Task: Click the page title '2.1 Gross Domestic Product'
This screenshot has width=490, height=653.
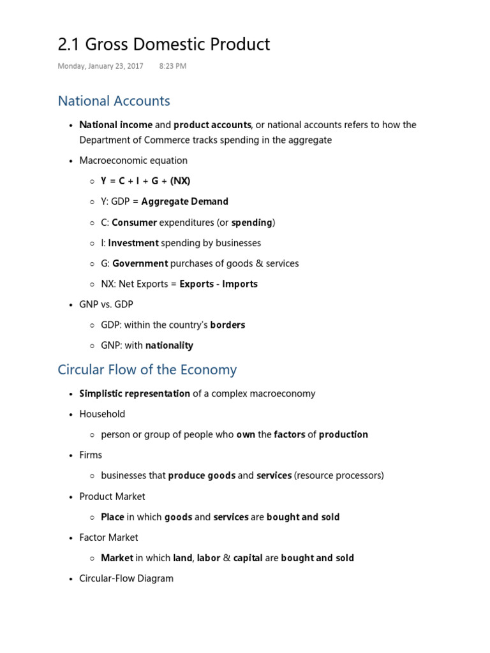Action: (163, 44)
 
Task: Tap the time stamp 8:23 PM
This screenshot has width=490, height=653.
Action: (172, 66)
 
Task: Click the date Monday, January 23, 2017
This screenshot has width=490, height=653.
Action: (100, 66)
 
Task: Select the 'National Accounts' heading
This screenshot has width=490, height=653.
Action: (114, 101)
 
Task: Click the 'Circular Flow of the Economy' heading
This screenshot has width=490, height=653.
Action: (147, 370)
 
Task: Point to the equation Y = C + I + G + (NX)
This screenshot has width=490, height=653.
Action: (145, 181)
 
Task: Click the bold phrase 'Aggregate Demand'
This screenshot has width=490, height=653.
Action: (184, 202)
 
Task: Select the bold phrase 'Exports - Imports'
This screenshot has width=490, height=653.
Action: (219, 284)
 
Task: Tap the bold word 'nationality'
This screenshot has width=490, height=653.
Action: (169, 346)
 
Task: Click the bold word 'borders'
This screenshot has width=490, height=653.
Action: (228, 325)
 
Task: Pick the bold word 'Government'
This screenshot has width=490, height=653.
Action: (140, 263)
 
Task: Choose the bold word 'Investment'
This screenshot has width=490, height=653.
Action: (133, 243)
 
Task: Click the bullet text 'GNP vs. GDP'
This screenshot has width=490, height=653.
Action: (105, 305)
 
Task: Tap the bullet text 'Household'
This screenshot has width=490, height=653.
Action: (102, 414)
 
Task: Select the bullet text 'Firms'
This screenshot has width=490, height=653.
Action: (91, 455)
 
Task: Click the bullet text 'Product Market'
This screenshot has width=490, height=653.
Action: (112, 496)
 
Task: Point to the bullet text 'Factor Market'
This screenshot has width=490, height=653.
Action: (108, 538)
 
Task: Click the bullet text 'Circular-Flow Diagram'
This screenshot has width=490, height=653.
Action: (126, 578)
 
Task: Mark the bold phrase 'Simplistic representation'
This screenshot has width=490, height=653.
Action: (135, 393)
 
